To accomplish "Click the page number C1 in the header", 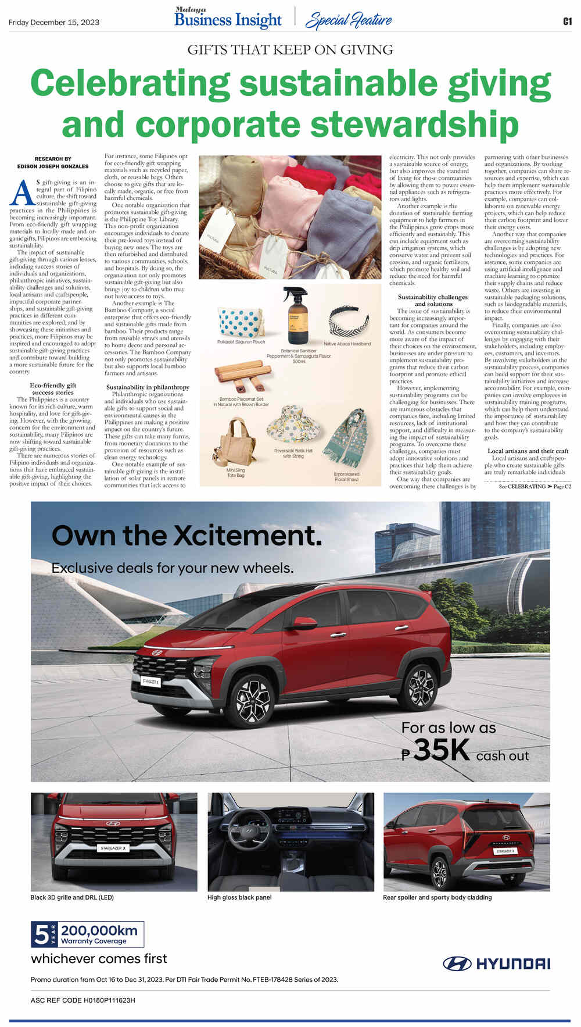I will click(x=567, y=22).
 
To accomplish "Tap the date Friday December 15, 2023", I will click(x=54, y=23).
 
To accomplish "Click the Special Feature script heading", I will click(x=349, y=20).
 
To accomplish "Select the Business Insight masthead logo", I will click(x=228, y=19).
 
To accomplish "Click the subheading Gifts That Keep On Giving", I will click(x=290, y=49).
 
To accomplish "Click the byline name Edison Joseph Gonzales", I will click(x=53, y=166).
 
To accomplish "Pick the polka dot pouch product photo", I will click(x=241, y=323).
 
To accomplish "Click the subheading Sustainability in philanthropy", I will click(x=148, y=387).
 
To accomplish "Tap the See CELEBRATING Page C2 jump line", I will click(x=535, y=486).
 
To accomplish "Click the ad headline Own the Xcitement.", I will click(x=187, y=536).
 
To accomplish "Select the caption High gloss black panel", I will click(x=239, y=897).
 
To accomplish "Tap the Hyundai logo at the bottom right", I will click(x=497, y=964).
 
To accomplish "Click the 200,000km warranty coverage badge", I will click(x=88, y=935).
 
